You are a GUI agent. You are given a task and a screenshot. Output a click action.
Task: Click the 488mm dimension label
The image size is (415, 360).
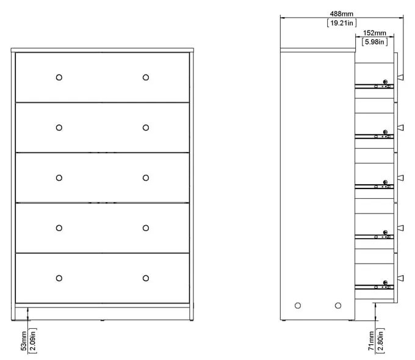[341, 13]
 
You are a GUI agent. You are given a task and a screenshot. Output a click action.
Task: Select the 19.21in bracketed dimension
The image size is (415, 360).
[341, 23]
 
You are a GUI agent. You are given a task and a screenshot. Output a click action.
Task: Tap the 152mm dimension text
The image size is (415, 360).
[374, 32]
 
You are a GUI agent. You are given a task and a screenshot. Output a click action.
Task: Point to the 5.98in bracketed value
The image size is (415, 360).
[374, 42]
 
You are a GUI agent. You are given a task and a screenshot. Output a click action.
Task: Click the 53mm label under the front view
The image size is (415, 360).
[24, 340]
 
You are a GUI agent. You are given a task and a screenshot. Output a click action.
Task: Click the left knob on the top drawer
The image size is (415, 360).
[59, 77]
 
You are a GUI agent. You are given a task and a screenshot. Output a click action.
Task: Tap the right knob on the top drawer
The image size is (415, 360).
[145, 77]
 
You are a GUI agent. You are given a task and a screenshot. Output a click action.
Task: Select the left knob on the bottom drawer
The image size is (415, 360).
[59, 278]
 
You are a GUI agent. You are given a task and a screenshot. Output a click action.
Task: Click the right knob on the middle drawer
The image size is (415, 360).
[145, 178]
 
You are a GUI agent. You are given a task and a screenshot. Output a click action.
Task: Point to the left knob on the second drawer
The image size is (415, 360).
[59, 128]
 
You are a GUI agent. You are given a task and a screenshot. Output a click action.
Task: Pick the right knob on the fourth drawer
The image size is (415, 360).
[145, 228]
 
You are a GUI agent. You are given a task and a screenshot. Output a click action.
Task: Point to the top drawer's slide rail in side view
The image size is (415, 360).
[374, 86]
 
